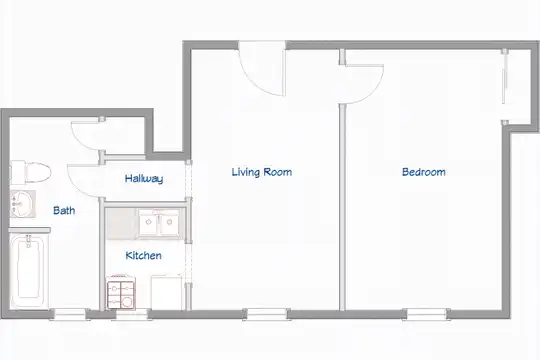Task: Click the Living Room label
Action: pyautogui.click(x=262, y=172)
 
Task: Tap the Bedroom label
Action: pyautogui.click(x=424, y=172)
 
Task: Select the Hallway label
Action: pyautogui.click(x=144, y=178)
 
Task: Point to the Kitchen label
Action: pyautogui.click(x=143, y=256)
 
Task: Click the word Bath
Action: pyautogui.click(x=64, y=210)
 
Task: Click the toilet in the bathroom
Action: pyautogui.click(x=31, y=172)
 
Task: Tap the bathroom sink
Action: pyautogui.click(x=23, y=204)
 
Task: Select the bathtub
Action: pyautogui.click(x=29, y=271)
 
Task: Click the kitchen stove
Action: pyautogui.click(x=121, y=292)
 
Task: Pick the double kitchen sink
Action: pyautogui.click(x=159, y=223)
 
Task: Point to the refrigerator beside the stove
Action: pyautogui.click(x=166, y=292)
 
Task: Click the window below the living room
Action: pyautogui.click(x=267, y=314)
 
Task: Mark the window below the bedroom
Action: pyautogui.click(x=426, y=314)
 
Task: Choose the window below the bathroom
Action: pyautogui.click(x=70, y=314)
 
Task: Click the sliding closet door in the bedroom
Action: pyautogui.click(x=504, y=86)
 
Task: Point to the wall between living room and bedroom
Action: pyautogui.click(x=342, y=207)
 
